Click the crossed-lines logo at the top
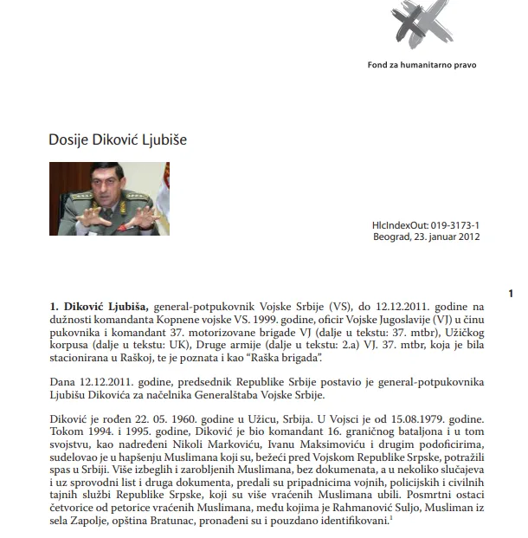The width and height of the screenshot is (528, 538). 428,22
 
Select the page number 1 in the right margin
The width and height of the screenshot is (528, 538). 512,294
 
